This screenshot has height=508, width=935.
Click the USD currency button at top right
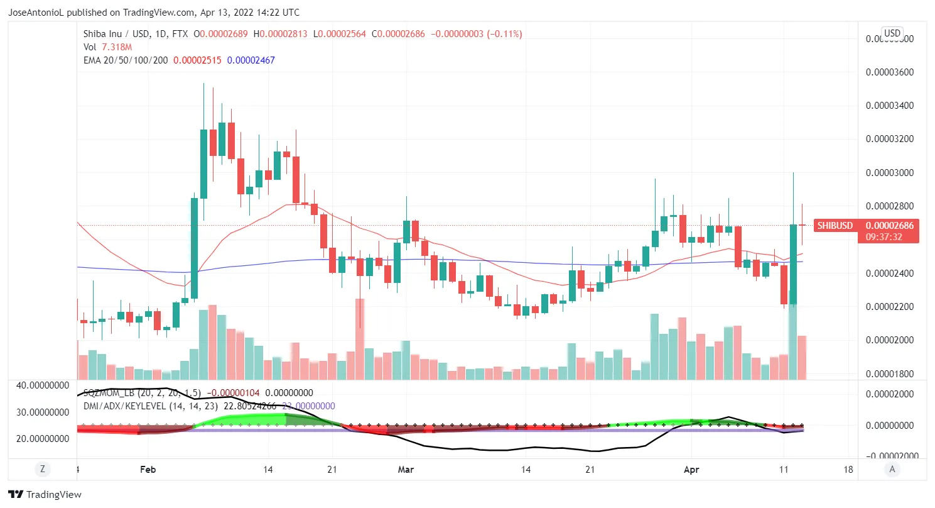[892, 33]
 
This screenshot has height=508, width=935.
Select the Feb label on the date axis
[148, 469]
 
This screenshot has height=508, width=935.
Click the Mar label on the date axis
[407, 469]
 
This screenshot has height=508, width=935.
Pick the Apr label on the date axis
[691, 469]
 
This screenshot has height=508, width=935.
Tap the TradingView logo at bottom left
[45, 495]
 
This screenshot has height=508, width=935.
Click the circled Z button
[43, 468]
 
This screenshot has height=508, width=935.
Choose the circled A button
[892, 468]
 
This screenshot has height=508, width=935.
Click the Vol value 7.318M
[117, 47]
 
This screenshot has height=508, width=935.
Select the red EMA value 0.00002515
[197, 60]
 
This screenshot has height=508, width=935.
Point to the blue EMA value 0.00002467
[251, 60]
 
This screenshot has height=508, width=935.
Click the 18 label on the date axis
[848, 469]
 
